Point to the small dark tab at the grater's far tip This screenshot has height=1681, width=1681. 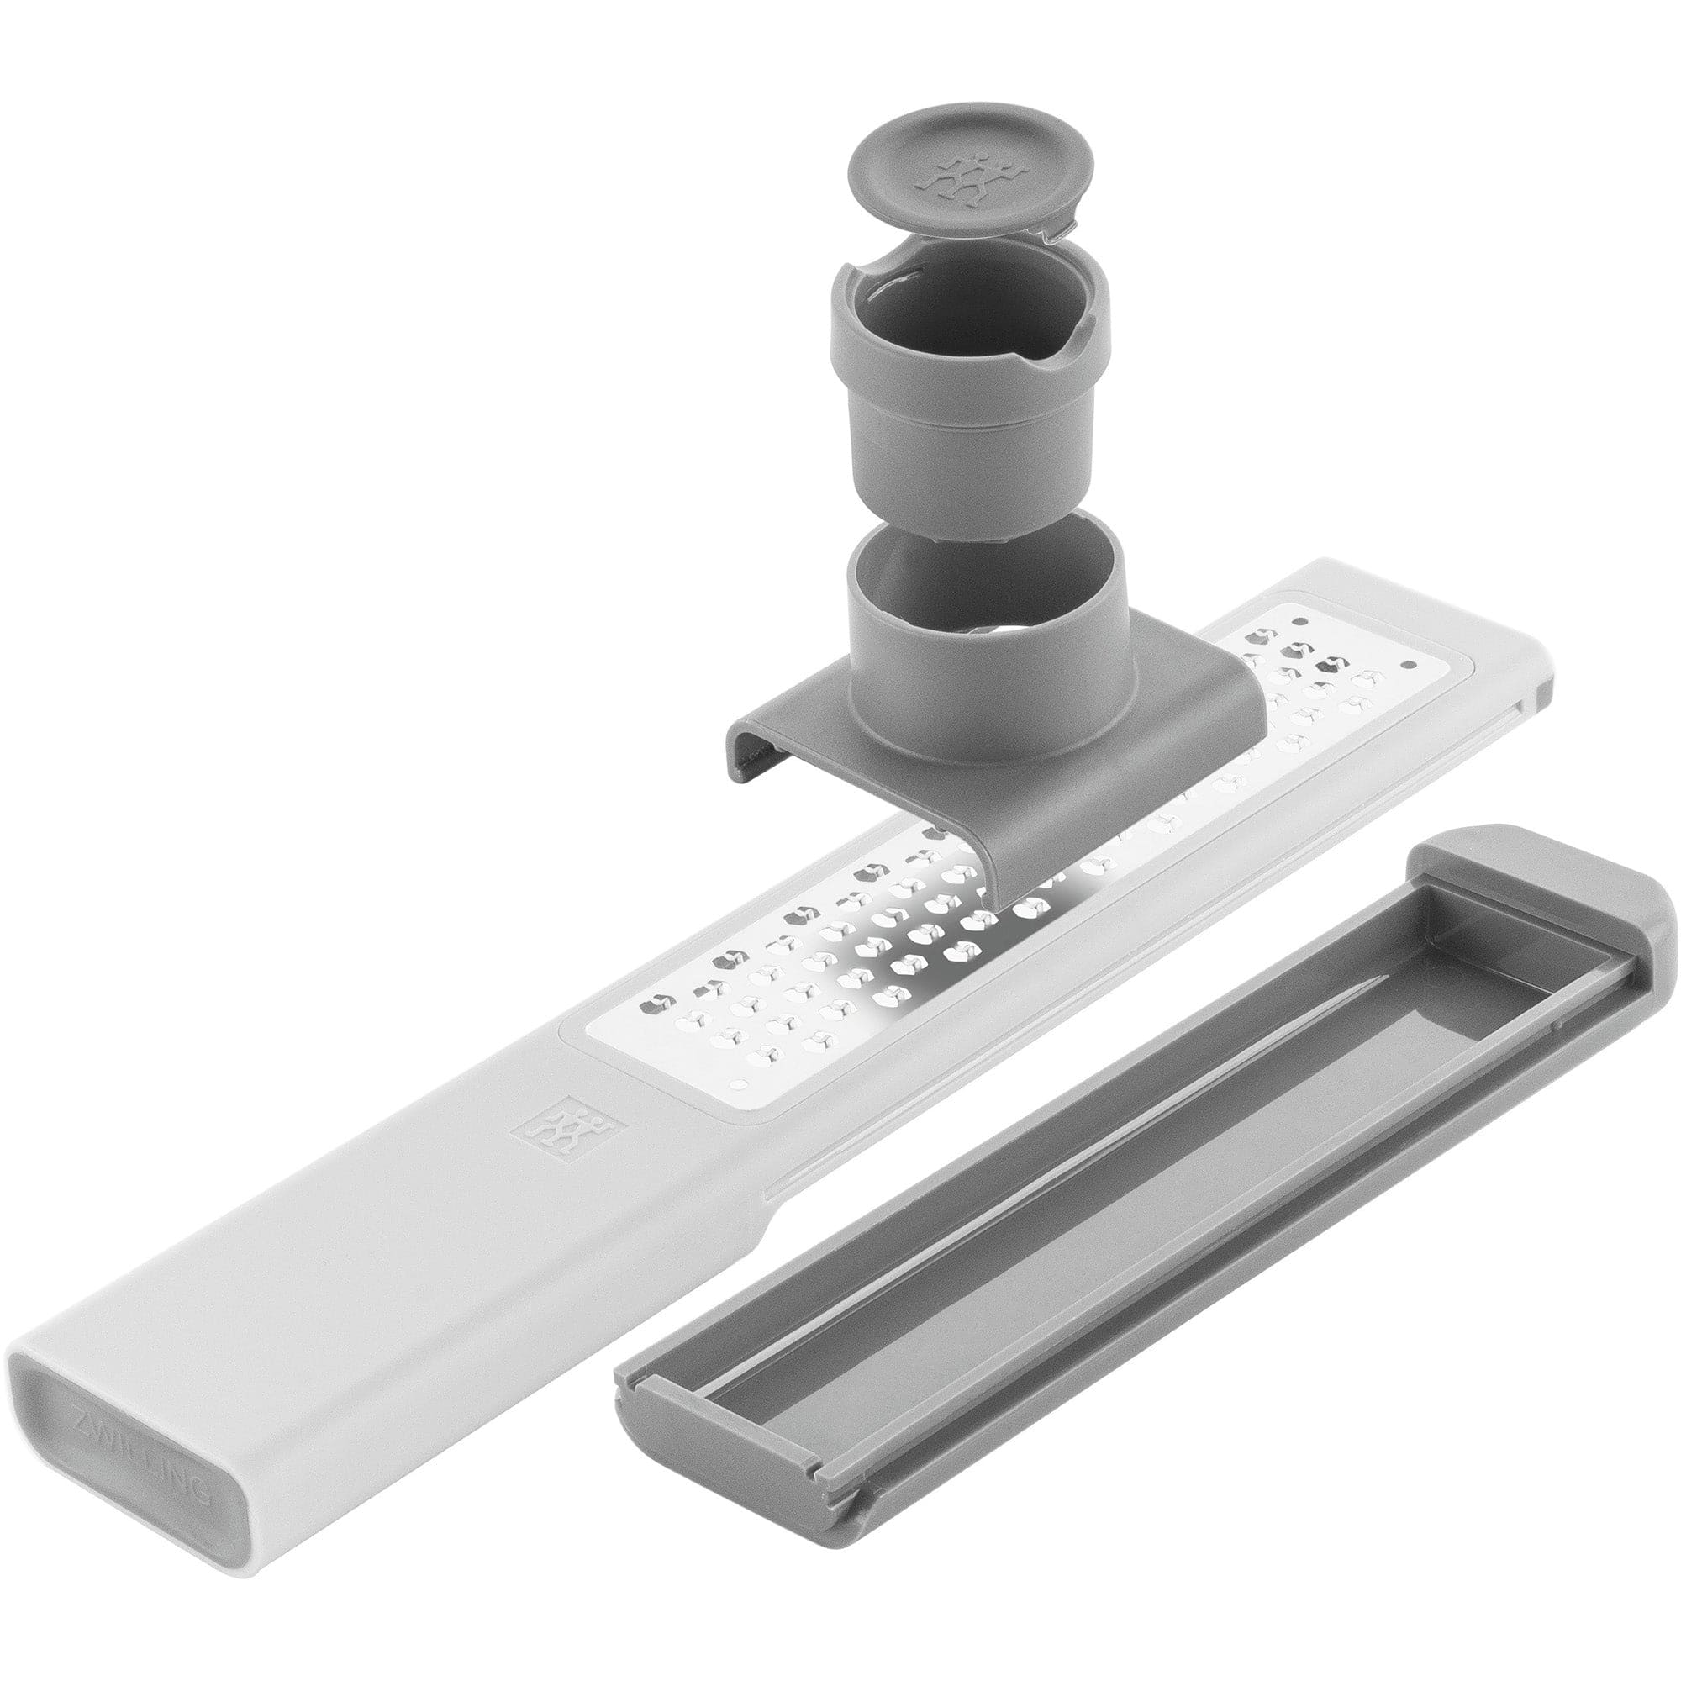[1541, 695]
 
